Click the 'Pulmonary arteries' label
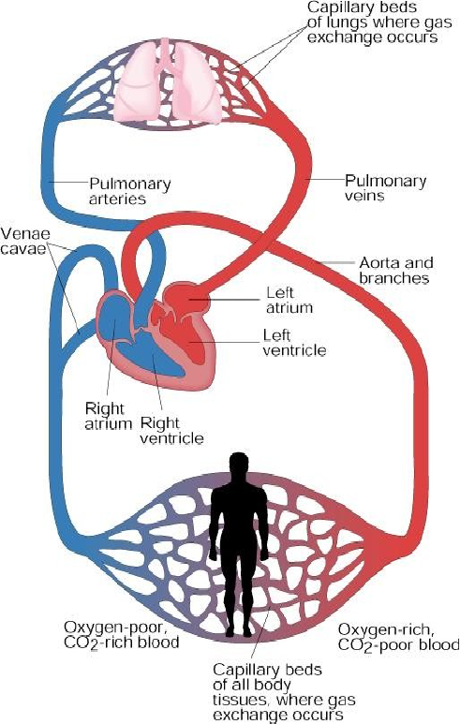point(130,191)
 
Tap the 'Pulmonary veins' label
point(385,187)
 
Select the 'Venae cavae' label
point(25,241)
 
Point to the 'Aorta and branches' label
point(396,270)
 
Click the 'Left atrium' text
point(289,300)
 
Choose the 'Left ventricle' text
point(294,342)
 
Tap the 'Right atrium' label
point(109,416)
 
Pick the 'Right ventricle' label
point(171,430)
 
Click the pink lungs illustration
point(169,83)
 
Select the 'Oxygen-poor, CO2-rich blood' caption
point(121,635)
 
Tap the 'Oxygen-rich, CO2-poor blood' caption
point(398,637)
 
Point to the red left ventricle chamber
point(190,344)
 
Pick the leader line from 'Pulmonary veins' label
point(327,179)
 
